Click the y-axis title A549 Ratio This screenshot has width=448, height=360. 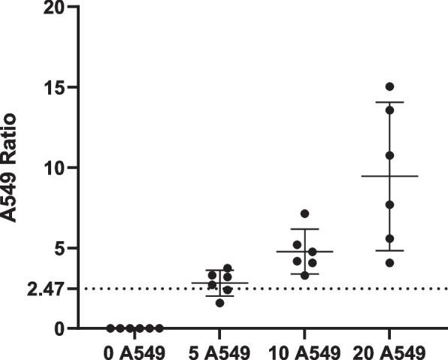click(11, 167)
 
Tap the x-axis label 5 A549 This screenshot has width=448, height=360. click(219, 350)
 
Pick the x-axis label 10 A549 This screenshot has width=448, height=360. click(304, 350)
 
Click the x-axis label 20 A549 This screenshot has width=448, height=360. click(390, 350)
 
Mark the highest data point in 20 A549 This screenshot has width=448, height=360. click(389, 86)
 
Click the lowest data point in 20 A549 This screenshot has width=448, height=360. click(389, 263)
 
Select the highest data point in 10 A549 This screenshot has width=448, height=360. click(304, 213)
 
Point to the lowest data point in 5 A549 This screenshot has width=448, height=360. click(219, 303)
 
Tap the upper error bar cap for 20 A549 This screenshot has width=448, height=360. click(389, 102)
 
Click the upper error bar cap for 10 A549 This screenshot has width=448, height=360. click(304, 228)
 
